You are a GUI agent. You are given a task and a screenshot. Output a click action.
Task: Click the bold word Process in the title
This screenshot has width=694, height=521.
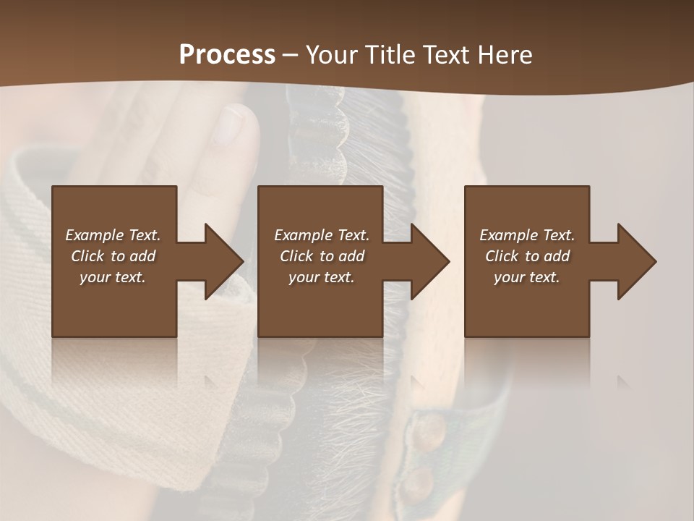tap(227, 55)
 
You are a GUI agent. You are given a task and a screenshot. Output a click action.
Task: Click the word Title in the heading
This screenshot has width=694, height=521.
tap(391, 55)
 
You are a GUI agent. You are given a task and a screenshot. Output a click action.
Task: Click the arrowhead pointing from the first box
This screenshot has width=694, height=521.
tap(221, 261)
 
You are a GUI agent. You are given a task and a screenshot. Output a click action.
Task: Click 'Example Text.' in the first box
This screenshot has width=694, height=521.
tap(113, 235)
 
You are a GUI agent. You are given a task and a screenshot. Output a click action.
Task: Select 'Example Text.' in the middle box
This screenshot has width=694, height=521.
tap(322, 235)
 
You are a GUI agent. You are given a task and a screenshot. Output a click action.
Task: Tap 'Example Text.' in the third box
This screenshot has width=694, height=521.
tap(527, 235)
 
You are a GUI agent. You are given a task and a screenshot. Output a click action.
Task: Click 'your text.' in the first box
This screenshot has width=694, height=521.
tap(113, 277)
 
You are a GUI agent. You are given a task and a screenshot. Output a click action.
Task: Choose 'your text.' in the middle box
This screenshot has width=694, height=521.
tap(322, 277)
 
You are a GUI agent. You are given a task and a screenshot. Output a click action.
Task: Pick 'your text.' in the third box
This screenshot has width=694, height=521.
tap(527, 277)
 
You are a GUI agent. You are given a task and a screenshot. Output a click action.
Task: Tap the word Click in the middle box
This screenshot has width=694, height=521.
tap(296, 256)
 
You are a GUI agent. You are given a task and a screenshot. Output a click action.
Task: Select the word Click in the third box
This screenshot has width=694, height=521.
tap(502, 256)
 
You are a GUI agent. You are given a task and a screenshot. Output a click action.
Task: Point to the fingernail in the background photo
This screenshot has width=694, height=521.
tap(231, 126)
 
